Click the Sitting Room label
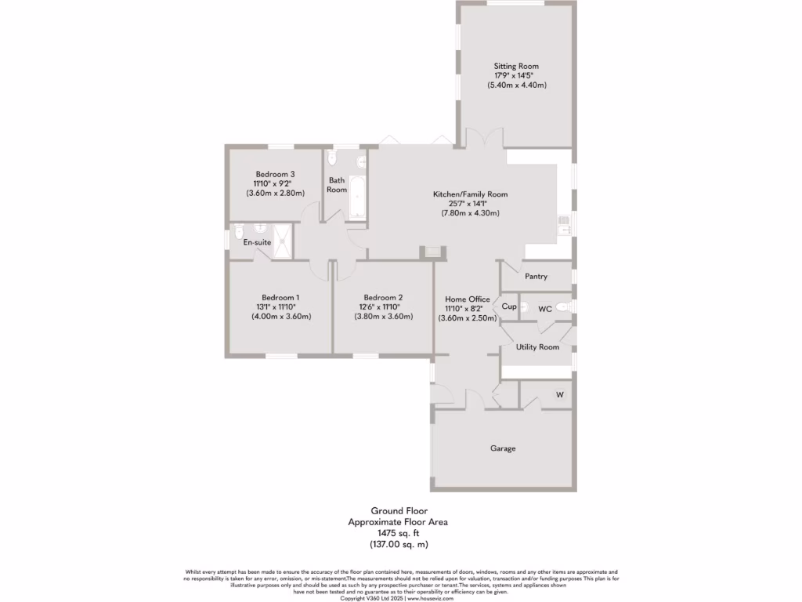click(515, 66)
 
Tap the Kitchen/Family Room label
click(471, 194)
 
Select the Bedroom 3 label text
click(275, 174)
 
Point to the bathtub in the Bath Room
click(357, 198)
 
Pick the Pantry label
click(536, 277)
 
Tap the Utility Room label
click(537, 346)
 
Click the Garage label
click(503, 448)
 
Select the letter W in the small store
click(559, 394)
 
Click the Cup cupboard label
click(509, 307)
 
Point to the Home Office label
click(468, 299)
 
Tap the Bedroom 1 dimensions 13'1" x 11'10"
click(280, 307)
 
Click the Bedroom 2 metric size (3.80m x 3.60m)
click(383, 317)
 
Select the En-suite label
click(257, 243)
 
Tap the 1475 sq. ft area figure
click(399, 532)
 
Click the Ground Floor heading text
click(399, 510)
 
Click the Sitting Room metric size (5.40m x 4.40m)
click(516, 85)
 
